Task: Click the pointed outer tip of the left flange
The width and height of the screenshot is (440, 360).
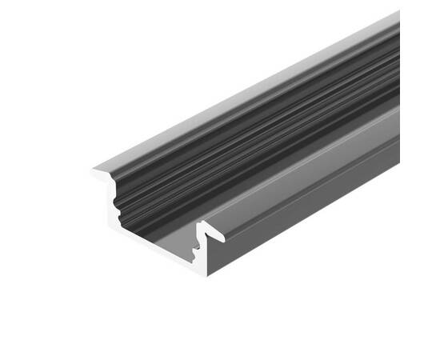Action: click(x=93, y=168)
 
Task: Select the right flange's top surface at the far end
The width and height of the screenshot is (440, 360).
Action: click(x=384, y=120)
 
